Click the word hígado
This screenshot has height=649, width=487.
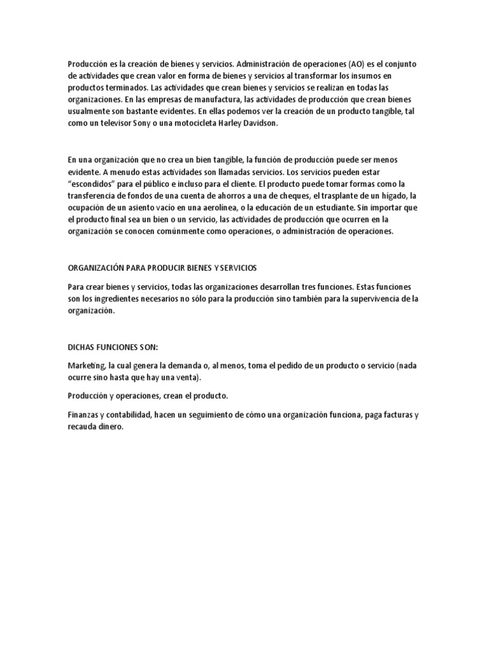point(395,196)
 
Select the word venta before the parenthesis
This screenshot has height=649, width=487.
point(184,378)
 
